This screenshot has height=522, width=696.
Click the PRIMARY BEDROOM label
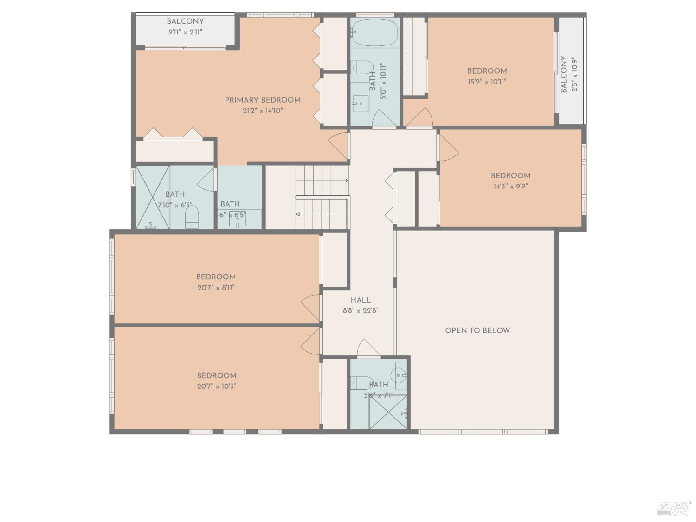click(263, 100)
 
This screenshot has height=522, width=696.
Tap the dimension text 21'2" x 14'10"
click(263, 111)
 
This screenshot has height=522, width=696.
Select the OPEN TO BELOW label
click(477, 330)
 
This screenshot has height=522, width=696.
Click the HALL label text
click(361, 300)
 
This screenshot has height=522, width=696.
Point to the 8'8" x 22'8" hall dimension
click(361, 311)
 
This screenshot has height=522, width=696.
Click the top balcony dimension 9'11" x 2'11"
click(185, 32)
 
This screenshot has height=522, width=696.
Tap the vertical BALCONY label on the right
click(564, 75)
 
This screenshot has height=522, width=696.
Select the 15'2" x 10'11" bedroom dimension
click(487, 82)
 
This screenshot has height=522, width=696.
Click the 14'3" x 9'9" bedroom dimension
click(510, 187)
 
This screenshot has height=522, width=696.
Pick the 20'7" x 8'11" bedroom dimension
click(216, 288)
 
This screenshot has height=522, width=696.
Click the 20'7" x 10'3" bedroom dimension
click(217, 387)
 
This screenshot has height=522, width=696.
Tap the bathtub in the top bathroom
click(375, 32)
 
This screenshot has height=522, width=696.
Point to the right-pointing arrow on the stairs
click(346, 180)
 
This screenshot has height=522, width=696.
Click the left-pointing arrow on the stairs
click(298, 214)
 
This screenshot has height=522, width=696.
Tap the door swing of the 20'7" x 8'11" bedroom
click(311, 308)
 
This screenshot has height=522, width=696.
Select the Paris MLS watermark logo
click(674, 508)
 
